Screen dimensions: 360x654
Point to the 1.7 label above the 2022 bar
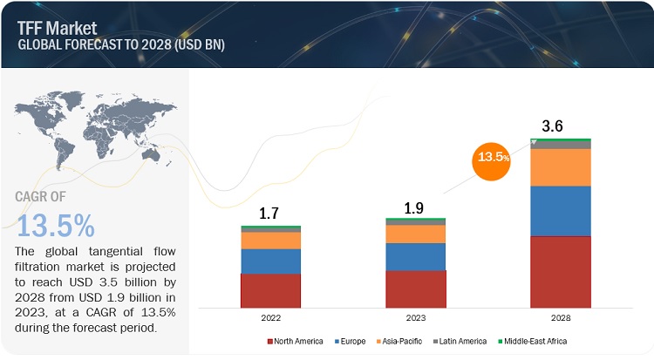(270, 212)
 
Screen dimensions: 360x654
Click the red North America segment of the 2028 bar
(561, 271)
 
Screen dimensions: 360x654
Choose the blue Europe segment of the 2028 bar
(561, 211)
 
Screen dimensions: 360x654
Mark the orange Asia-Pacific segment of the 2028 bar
(561, 167)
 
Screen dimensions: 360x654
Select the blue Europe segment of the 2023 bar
(415, 256)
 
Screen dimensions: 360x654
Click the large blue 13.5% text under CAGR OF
(56, 225)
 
